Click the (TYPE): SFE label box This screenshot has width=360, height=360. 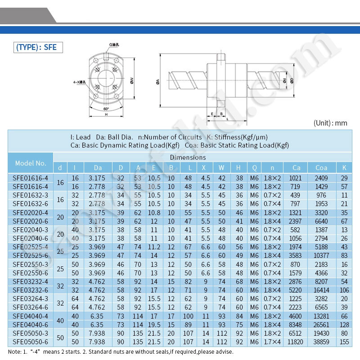coord(36,47)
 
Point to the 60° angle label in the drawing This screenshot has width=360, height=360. coord(106,109)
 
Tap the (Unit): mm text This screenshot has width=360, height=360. coord(331,123)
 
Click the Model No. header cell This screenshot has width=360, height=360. coord(31,163)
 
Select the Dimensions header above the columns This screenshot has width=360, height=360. coord(188,157)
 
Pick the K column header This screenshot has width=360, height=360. coord(344,168)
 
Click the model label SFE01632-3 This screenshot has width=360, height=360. coord(30,195)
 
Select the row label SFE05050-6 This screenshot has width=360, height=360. coord(30,342)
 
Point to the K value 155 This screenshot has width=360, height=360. coord(344,342)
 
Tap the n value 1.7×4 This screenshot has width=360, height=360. coord(272,342)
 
